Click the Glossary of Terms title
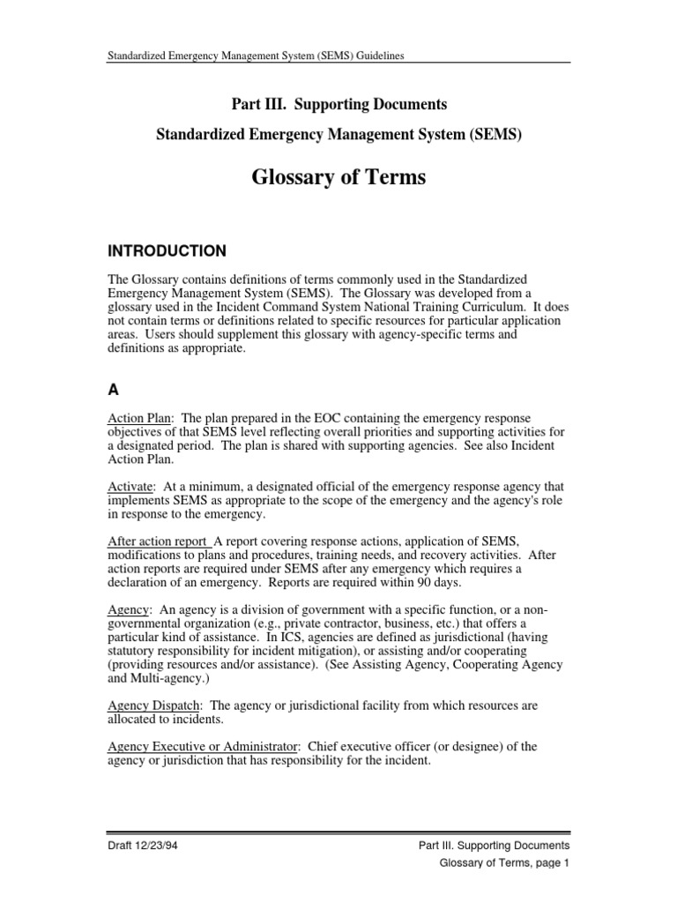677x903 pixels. click(x=338, y=177)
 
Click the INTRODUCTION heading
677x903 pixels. click(x=166, y=250)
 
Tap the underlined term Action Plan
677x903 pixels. click(x=138, y=416)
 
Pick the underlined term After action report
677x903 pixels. click(x=158, y=541)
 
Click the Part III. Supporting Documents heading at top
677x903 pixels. click(x=338, y=105)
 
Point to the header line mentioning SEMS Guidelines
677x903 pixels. click(x=255, y=56)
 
